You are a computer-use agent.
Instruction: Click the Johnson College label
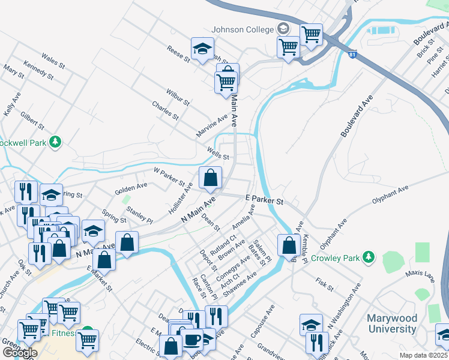tap(241, 29)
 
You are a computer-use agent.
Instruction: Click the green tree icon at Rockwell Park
tap(56, 142)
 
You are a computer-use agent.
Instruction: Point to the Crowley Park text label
tap(334, 258)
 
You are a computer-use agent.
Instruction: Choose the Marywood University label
tap(392, 323)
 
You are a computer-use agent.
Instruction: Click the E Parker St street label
tap(264, 199)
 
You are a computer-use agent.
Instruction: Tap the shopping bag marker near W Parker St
tap(210, 178)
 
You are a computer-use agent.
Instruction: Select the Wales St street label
tap(53, 61)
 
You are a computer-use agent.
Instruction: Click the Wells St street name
tap(217, 153)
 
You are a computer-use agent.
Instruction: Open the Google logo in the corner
tap(20, 352)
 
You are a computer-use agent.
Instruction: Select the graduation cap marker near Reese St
tap(203, 48)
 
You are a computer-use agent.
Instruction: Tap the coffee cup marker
tap(192, 340)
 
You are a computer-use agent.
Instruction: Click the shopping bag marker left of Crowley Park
tap(289, 245)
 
